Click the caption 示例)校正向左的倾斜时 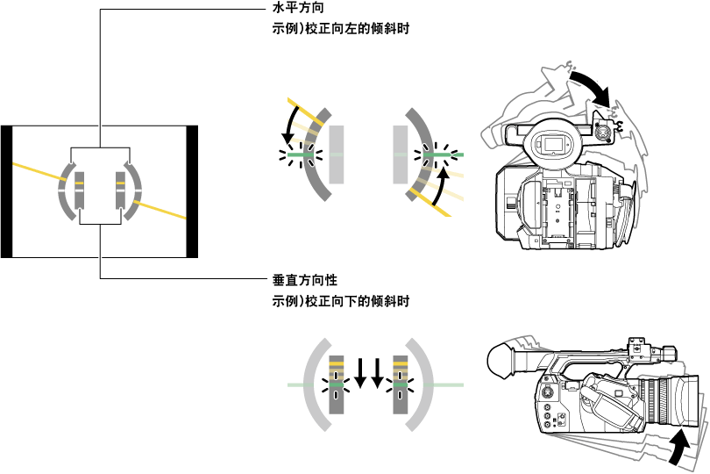(341, 29)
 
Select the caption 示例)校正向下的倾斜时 (341, 301)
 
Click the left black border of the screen (6, 191)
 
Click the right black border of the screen (193, 191)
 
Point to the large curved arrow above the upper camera (590, 85)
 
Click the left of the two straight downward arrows (360, 371)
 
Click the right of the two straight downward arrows (378, 371)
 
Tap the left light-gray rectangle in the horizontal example (337, 154)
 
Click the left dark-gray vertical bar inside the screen (79, 191)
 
